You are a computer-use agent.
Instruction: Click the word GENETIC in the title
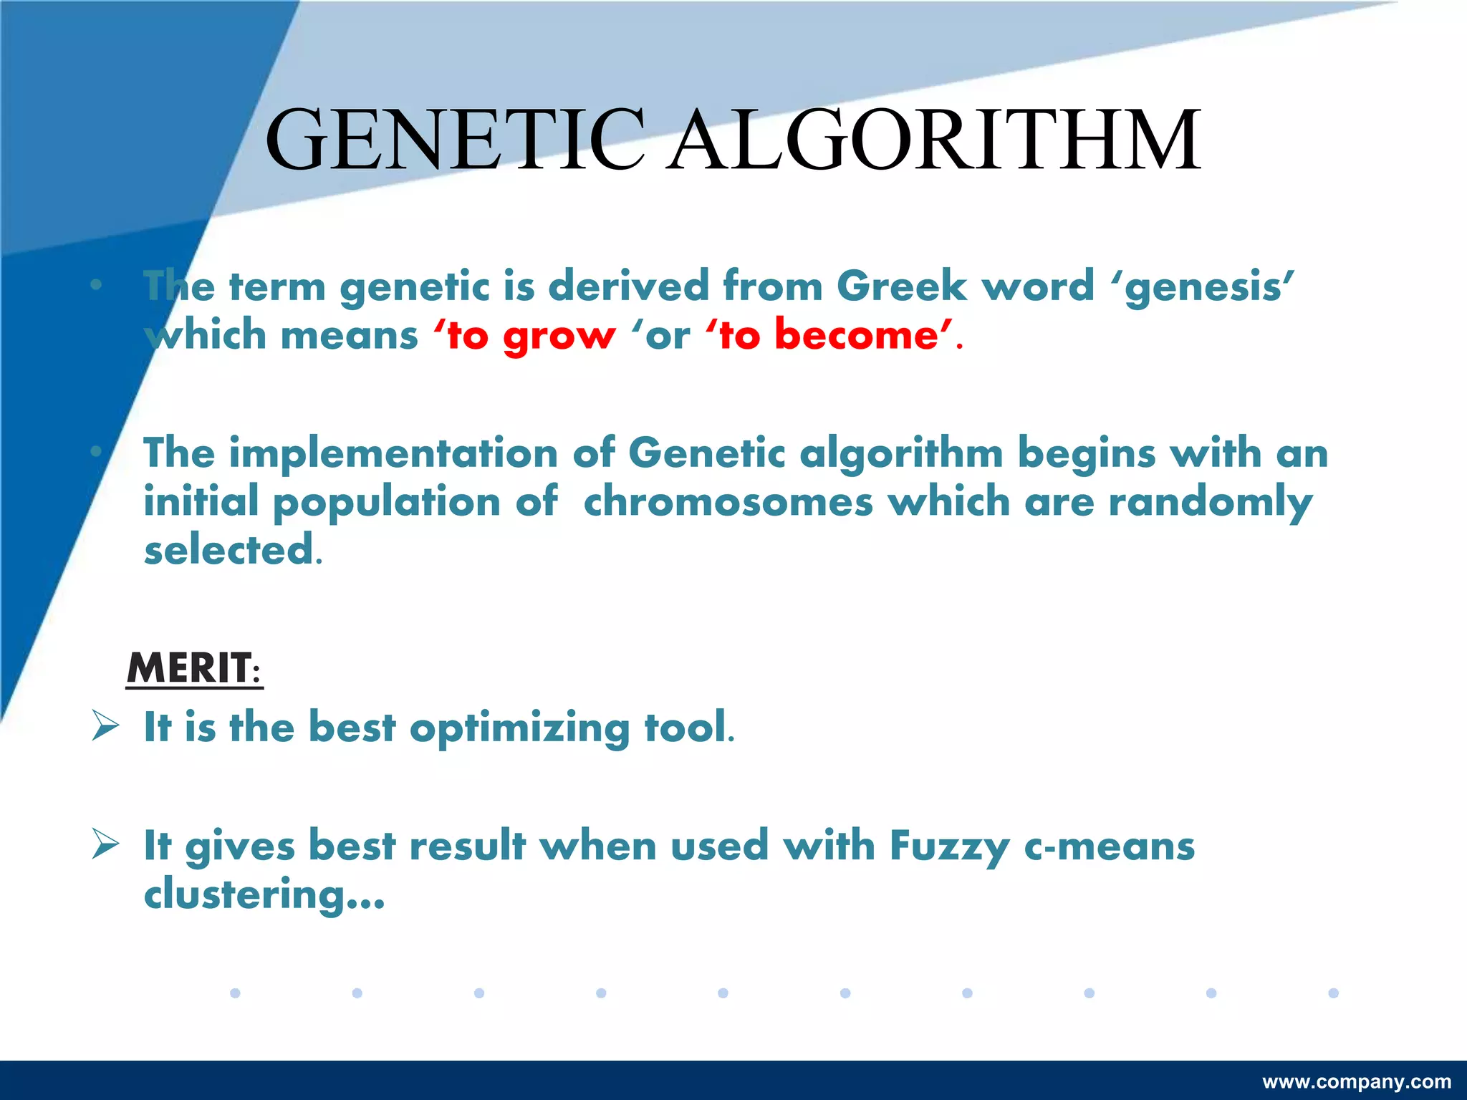pyautogui.click(x=454, y=140)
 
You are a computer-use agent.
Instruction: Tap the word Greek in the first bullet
pyautogui.click(x=901, y=286)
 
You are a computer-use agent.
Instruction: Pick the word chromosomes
pyautogui.click(x=728, y=501)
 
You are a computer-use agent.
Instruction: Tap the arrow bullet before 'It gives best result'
pyautogui.click(x=105, y=844)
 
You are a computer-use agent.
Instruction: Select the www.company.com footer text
pyautogui.click(x=1357, y=1081)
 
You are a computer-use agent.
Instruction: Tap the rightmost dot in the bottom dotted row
pyautogui.click(x=1333, y=993)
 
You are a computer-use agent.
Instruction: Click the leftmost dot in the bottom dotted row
pyautogui.click(x=235, y=993)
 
